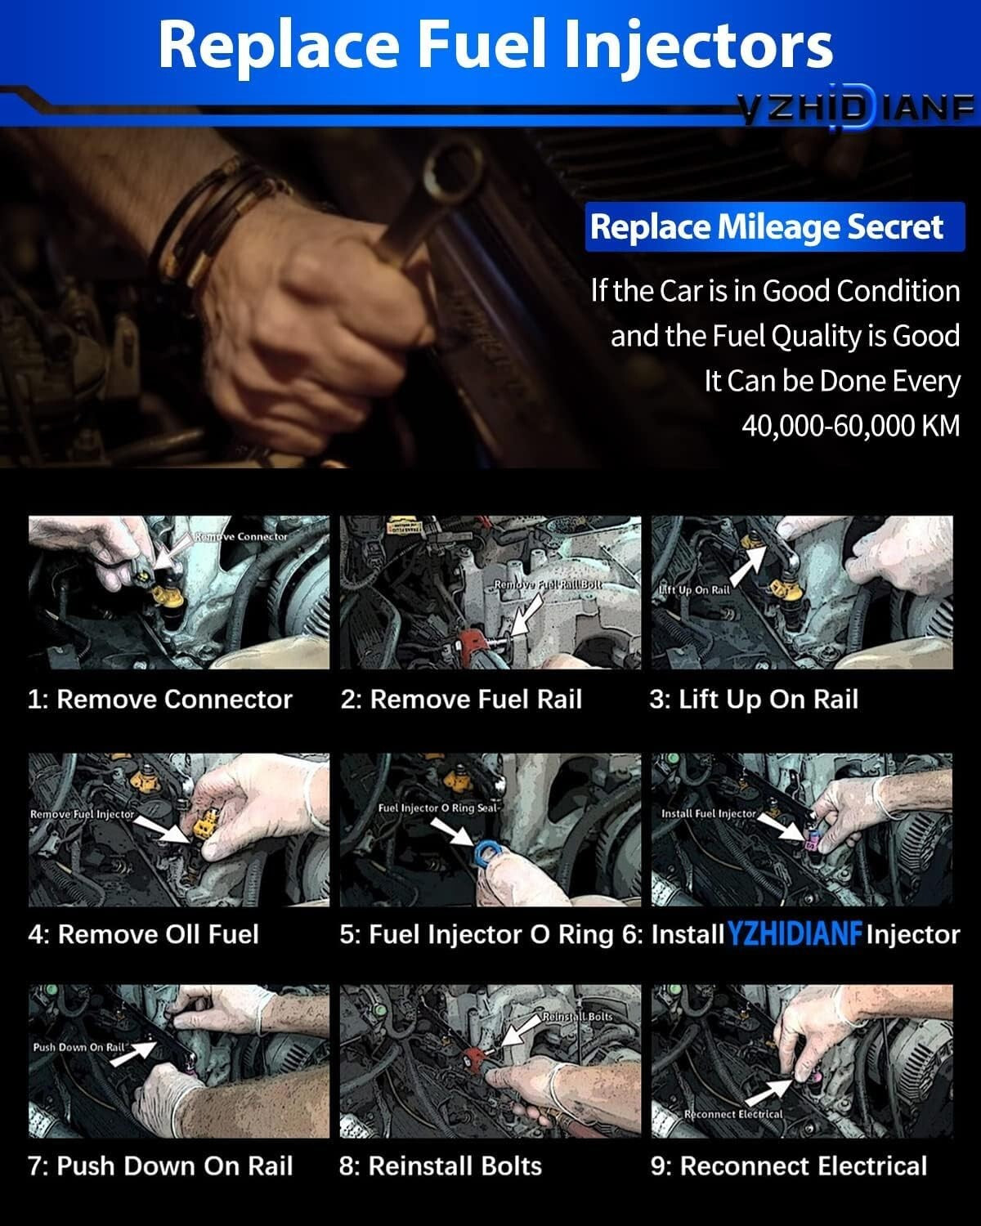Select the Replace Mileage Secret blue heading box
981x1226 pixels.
click(x=766, y=227)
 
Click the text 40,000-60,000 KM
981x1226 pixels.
click(x=850, y=425)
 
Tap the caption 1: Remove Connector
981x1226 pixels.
click(x=159, y=700)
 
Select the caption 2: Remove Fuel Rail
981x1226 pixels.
click(x=461, y=700)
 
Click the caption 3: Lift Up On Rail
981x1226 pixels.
click(x=754, y=700)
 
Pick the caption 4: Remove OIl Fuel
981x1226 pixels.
click(x=143, y=934)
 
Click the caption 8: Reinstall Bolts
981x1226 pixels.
click(x=441, y=1166)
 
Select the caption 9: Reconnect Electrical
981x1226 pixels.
click(x=789, y=1166)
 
